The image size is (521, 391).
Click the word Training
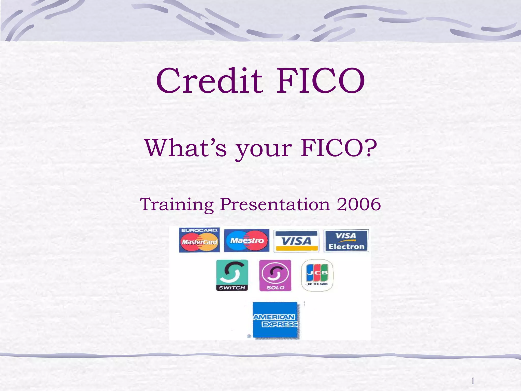(177, 204)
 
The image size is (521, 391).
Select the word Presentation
(275, 204)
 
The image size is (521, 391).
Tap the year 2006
(359, 204)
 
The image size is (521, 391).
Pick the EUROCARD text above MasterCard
(199, 230)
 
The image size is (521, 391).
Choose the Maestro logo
(247, 241)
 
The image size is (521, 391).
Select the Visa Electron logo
(346, 241)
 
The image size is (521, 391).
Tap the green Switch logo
(232, 275)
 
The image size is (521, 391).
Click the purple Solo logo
(275, 275)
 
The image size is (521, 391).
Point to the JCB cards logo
(317, 275)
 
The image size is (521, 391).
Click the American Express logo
(275, 320)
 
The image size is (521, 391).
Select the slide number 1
(473, 381)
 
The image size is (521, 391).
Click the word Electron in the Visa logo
(346, 246)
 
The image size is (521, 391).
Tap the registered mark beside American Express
(249, 336)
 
